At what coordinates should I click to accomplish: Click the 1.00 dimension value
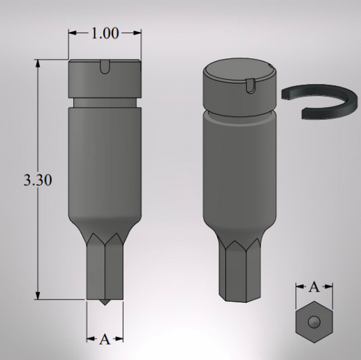click(x=105, y=33)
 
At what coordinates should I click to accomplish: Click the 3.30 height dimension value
click(x=38, y=181)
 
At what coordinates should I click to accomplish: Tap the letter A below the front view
click(x=104, y=340)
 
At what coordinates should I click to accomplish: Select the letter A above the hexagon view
click(x=314, y=287)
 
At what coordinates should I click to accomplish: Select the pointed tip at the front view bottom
click(x=104, y=302)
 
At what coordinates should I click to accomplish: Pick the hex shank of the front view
click(x=104, y=271)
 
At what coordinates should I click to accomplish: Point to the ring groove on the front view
click(x=105, y=102)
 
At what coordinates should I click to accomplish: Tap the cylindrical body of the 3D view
click(x=240, y=169)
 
